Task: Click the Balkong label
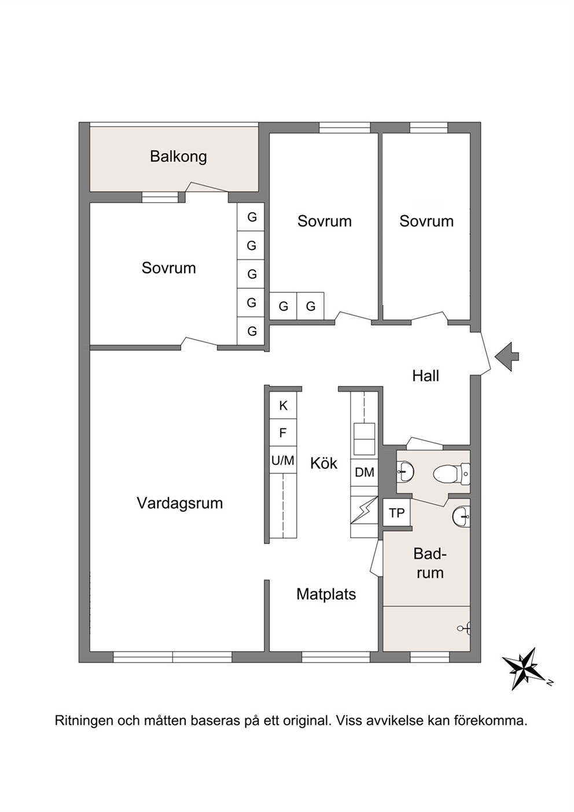click(x=178, y=157)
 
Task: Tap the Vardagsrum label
click(x=180, y=504)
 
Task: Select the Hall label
click(x=425, y=376)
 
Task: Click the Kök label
click(x=323, y=463)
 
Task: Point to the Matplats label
click(x=326, y=594)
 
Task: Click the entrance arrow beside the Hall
click(x=507, y=357)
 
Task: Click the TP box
click(x=397, y=513)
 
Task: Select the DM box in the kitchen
click(x=364, y=472)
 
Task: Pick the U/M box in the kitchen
click(x=283, y=461)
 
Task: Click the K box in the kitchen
click(x=283, y=406)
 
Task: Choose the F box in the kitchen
click(x=283, y=433)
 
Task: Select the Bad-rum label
click(x=429, y=563)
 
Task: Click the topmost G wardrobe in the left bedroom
click(x=251, y=217)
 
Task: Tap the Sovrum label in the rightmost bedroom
click(x=426, y=221)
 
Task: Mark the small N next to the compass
click(x=550, y=683)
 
